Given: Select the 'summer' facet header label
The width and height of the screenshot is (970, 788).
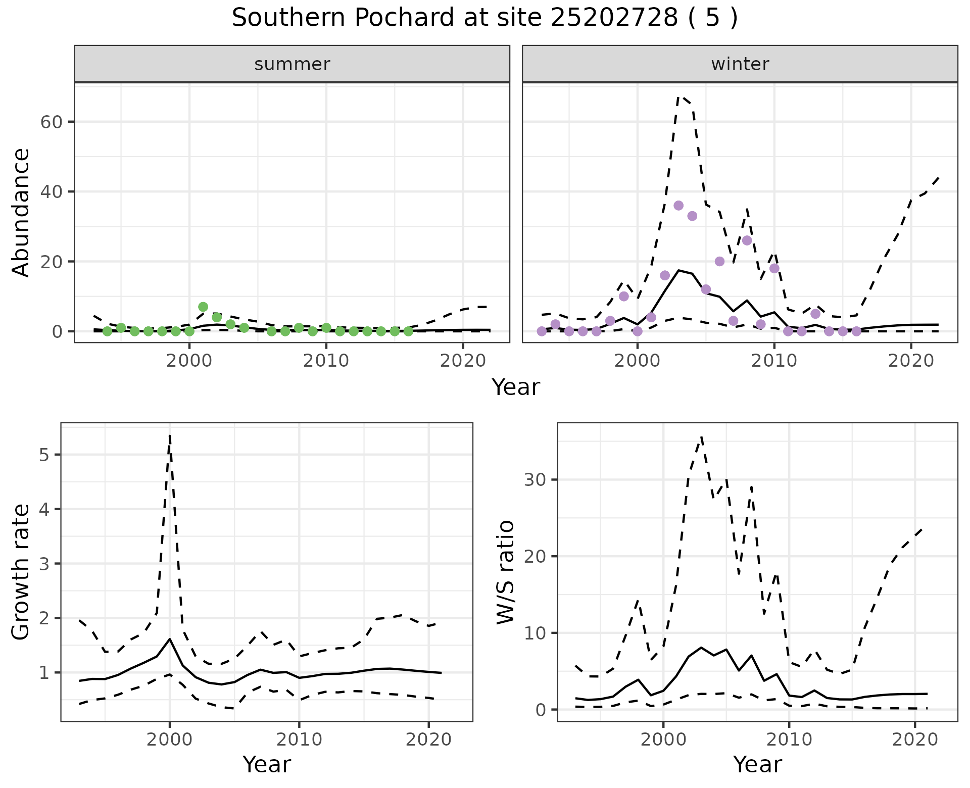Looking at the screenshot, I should [x=292, y=64].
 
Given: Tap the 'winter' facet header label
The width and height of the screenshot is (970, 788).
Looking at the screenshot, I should [x=740, y=64].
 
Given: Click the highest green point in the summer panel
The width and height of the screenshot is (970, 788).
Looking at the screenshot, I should [x=203, y=307].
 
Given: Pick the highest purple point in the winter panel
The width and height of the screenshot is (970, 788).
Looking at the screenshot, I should [x=678, y=206].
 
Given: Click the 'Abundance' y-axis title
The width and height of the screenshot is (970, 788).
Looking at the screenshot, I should [x=21, y=212].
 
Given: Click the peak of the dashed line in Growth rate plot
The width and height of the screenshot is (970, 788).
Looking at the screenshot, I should [x=170, y=434].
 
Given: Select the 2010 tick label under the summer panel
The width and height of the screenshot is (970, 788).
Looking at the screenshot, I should [x=326, y=361].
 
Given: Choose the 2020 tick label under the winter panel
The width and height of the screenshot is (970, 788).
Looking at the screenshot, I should [x=910, y=361].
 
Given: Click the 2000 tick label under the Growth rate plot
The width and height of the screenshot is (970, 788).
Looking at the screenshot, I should [x=169, y=740].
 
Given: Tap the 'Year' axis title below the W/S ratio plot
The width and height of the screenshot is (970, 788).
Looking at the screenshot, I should [x=757, y=764].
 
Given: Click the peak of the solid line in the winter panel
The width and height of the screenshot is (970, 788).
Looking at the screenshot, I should [x=678, y=270].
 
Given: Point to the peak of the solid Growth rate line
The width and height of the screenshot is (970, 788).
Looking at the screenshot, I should [x=170, y=639].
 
